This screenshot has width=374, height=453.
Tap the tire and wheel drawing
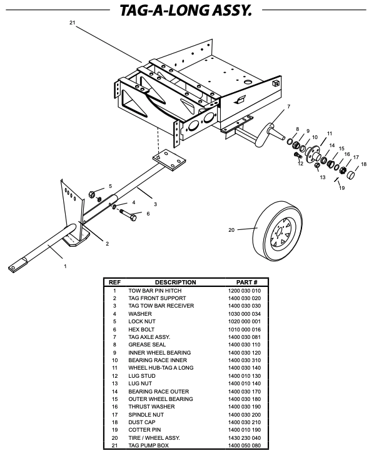pos(277,229)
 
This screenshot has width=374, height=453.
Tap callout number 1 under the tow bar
pos(64,266)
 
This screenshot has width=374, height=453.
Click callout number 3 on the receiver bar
pos(155,204)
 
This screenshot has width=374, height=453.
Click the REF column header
pos(114,283)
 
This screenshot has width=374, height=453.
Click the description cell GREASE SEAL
pos(146,345)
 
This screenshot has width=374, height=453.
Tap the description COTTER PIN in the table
pos(145,430)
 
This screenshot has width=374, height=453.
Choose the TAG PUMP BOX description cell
pos(150,445)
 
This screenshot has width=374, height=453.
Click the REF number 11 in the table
pos(114,368)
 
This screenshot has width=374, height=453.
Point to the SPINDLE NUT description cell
pos(148,414)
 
